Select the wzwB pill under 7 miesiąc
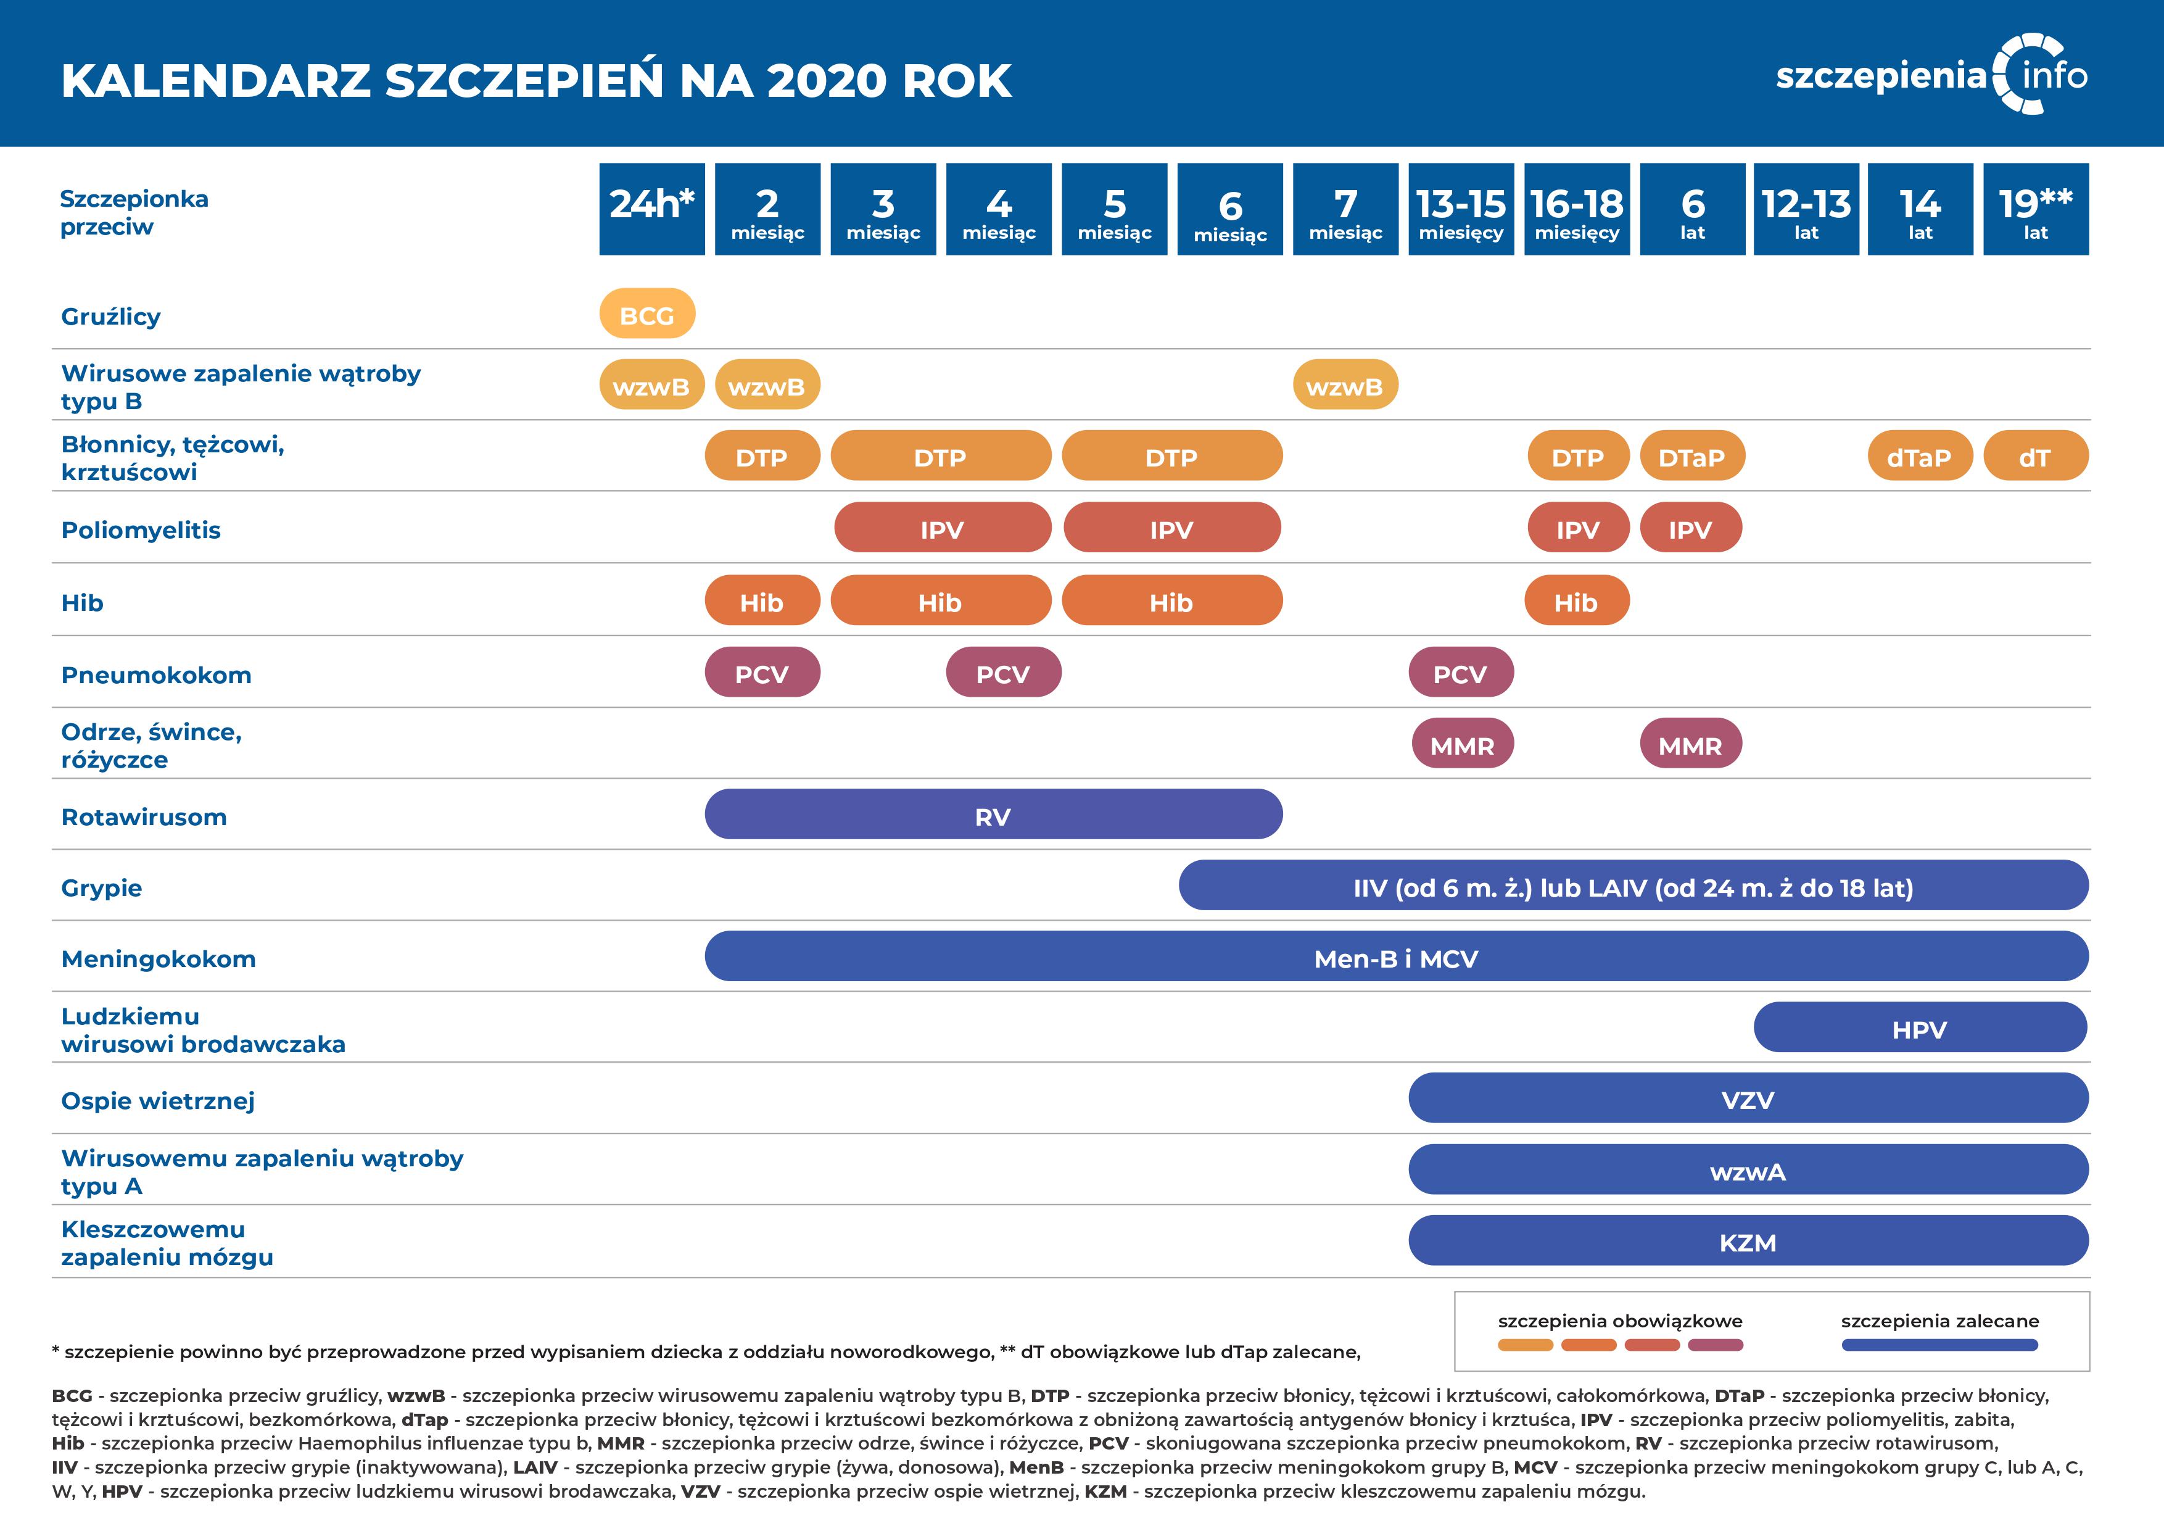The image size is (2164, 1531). [x=1345, y=386]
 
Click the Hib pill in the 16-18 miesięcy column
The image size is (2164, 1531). [x=1576, y=602]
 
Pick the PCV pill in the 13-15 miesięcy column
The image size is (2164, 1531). [x=1460, y=673]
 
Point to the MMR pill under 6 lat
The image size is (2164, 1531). [x=1690, y=745]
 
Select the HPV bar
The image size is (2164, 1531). [x=1919, y=1029]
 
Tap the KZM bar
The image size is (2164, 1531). [x=1748, y=1242]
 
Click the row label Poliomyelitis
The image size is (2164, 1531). [x=141, y=530]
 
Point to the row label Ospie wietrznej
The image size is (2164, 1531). [x=157, y=1101]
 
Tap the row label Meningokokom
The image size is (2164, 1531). [x=159, y=959]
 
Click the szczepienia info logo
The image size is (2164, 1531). [x=1932, y=75]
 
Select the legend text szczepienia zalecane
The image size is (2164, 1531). [x=1939, y=1321]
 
